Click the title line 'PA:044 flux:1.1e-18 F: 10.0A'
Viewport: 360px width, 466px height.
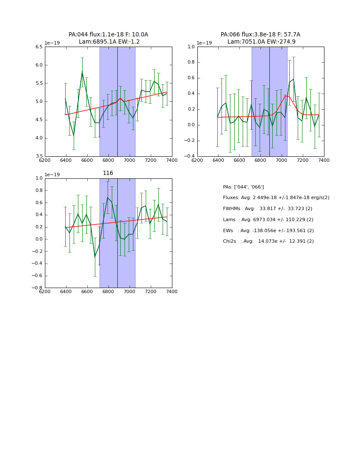(x=108, y=35)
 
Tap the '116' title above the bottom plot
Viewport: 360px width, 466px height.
(x=108, y=173)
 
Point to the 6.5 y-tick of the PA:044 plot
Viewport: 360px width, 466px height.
(x=39, y=47)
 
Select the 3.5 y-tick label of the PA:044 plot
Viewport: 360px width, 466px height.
(x=39, y=156)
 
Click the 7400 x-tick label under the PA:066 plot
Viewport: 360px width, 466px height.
(x=324, y=160)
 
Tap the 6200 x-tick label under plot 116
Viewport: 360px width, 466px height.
(x=45, y=291)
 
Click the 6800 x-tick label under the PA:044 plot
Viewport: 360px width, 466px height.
(x=108, y=160)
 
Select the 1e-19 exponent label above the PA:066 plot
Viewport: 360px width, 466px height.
(x=205, y=43)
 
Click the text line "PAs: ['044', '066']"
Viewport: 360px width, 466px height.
(x=243, y=187)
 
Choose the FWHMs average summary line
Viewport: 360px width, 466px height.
(x=267, y=209)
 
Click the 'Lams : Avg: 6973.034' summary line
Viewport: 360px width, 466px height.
(x=268, y=220)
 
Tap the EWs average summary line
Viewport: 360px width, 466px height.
(x=268, y=230)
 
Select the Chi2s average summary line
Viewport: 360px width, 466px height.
(x=268, y=241)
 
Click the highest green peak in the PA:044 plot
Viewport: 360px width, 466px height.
(x=82, y=72)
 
